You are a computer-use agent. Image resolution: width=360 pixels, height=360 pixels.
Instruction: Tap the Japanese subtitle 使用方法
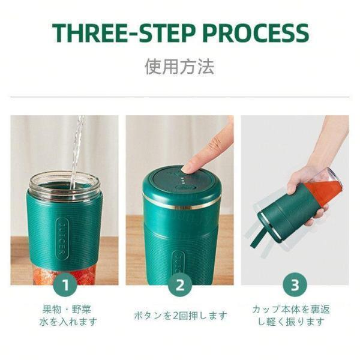click(x=179, y=67)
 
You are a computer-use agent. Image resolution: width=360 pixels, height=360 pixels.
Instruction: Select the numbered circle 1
click(x=65, y=285)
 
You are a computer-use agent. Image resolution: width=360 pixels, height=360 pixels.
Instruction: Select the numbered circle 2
click(x=179, y=285)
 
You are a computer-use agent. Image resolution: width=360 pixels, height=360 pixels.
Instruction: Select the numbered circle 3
click(x=295, y=285)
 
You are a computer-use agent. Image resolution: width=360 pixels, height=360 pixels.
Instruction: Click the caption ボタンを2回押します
click(x=181, y=316)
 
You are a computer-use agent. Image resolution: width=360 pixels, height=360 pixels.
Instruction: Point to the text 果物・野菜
click(x=67, y=309)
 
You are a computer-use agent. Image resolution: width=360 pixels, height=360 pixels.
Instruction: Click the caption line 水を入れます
click(x=68, y=322)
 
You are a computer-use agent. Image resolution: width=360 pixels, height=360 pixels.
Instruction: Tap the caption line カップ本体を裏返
click(x=291, y=309)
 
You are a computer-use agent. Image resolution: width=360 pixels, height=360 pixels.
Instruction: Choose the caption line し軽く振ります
click(x=291, y=322)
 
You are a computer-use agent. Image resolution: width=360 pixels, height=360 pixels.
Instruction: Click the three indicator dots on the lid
click(x=183, y=181)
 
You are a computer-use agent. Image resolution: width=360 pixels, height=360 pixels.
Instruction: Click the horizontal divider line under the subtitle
click(x=180, y=97)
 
